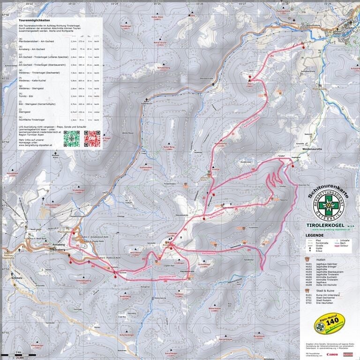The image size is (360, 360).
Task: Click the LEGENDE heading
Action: point(314,235)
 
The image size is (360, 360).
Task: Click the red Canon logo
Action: point(332,354)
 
